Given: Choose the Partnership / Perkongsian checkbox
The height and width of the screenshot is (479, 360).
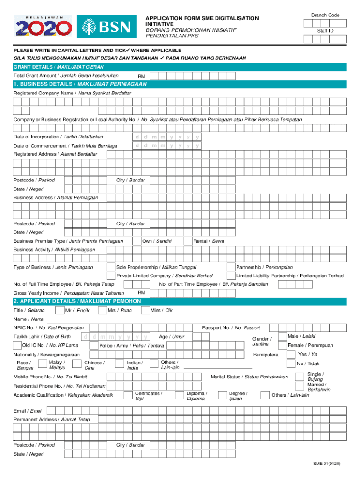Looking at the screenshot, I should coord(231,267).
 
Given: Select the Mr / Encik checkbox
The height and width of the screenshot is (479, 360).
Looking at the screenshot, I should coord(59,310).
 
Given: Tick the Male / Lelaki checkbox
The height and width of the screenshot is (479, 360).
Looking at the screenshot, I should coord(282,336).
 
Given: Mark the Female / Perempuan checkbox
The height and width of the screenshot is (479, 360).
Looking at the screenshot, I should coord(282,345).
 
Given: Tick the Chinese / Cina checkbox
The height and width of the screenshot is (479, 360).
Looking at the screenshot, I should coord(79,365).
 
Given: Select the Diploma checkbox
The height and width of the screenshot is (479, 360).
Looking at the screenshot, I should coord(180,396).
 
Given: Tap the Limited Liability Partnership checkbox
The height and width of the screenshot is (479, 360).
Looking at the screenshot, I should coord(231,276).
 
